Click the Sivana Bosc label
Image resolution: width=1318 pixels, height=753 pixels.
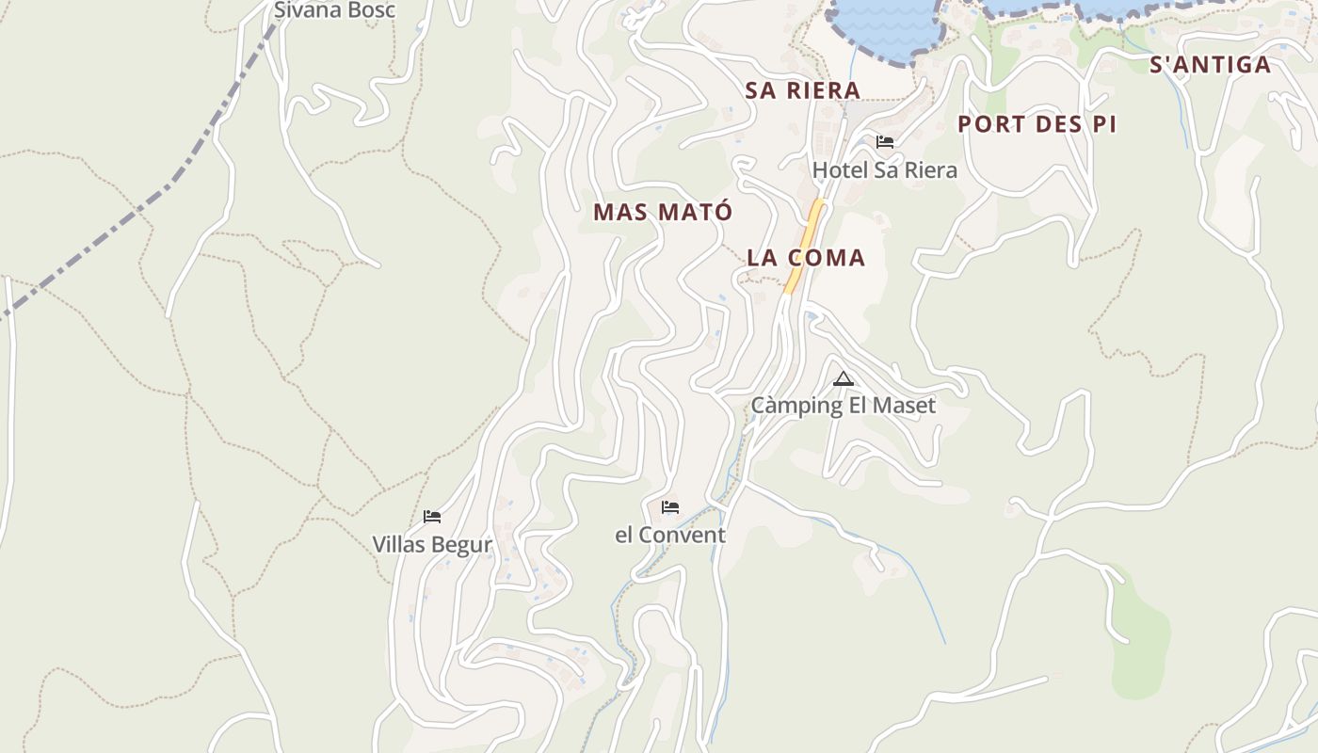334,10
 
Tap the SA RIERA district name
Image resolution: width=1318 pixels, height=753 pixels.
803,90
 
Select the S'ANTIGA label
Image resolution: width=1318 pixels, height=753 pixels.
1210,65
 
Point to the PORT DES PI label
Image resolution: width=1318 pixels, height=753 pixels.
1037,124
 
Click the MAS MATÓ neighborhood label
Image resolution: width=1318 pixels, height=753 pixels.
662,213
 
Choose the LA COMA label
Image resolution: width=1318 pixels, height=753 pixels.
806,258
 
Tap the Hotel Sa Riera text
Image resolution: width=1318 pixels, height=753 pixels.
884,170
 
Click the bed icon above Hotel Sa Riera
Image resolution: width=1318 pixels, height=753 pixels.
885,142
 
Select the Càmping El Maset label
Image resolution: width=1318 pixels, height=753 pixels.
843,406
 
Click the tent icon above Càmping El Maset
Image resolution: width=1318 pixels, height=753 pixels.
844,379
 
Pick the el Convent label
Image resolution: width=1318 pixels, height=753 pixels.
670,536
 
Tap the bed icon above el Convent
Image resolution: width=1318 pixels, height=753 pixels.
670,507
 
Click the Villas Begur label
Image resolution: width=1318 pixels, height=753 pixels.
432,545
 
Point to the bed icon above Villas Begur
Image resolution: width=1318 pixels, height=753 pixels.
432,517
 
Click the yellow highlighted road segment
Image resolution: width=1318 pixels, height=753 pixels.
805,245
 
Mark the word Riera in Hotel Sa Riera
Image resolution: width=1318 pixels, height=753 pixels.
929,170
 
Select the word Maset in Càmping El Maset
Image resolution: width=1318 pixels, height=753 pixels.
906,406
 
